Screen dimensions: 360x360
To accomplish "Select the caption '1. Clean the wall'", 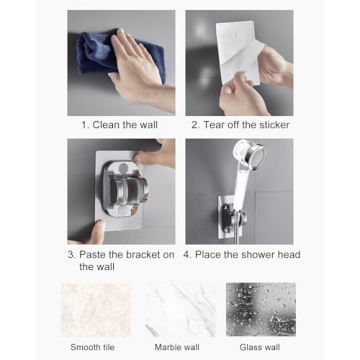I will point(120,125).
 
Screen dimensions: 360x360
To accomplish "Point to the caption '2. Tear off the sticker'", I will point(240,125).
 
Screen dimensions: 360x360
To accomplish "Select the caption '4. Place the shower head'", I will point(241,254).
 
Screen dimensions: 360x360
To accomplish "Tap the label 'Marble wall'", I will point(178,347).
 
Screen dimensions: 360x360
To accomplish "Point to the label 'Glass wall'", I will point(260,347).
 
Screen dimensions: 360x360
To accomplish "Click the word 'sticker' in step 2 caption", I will point(272,125).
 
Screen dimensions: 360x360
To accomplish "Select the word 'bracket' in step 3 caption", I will point(136,254).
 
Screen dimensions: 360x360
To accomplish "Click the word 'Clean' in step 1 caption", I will point(110,125).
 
